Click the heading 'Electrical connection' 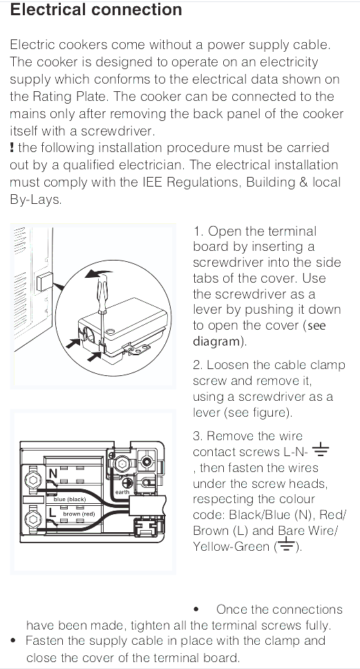coord(97,10)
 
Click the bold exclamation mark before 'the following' coord(12,147)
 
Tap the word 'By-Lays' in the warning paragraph coord(35,199)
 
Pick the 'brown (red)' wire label coord(79,514)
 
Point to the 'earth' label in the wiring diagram coord(121,491)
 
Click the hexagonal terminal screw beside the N coord(31,481)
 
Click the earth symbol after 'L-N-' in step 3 coord(321,452)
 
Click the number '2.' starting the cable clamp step coord(198,365)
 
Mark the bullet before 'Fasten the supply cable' coord(13,641)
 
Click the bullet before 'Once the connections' coord(198,610)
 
